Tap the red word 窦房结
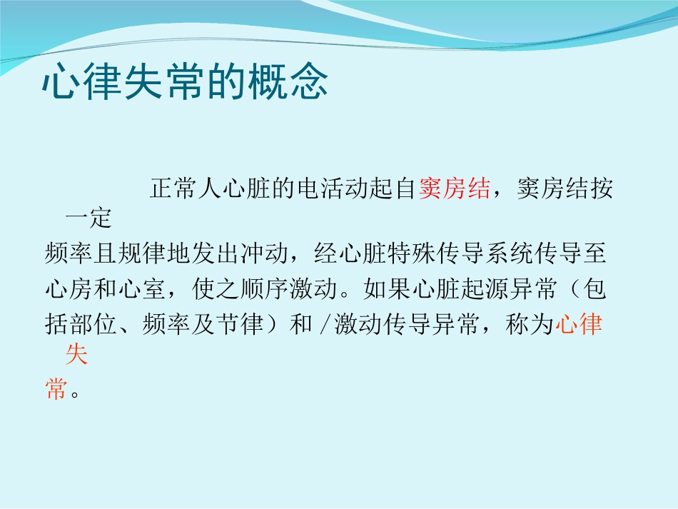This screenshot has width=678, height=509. pyautogui.click(x=454, y=189)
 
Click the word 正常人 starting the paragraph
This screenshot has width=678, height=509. pyautogui.click(x=185, y=189)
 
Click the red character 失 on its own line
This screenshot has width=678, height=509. pyautogui.click(x=76, y=354)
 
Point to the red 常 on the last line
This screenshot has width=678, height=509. pyautogui.click(x=55, y=390)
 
